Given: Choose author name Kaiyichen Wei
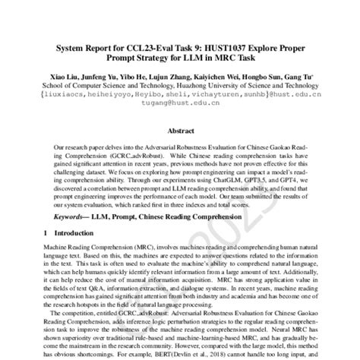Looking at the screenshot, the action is point(204,79).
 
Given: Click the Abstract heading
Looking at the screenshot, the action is point(180,131).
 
